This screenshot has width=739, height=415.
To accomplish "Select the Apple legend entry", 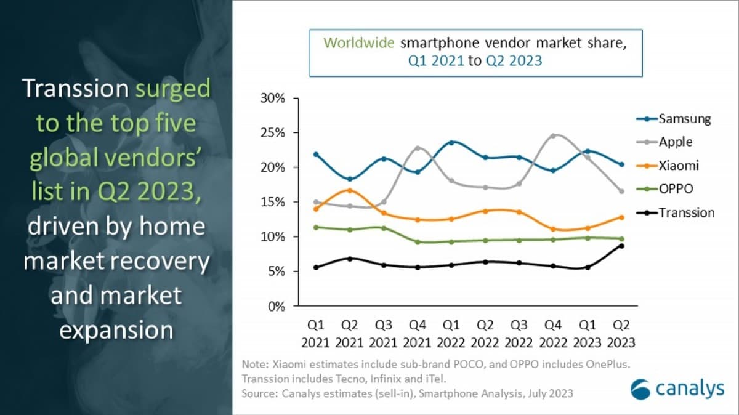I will tap(676, 142).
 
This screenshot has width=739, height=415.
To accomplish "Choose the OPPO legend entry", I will tap(676, 189).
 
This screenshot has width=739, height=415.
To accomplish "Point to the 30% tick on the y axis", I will tap(273, 99).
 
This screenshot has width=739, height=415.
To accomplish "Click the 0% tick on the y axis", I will tap(277, 307).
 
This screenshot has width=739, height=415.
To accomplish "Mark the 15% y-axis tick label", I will tap(273, 203).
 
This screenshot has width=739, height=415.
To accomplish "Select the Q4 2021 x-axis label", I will tap(418, 333).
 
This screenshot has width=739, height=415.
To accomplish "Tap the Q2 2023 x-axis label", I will tap(621, 333).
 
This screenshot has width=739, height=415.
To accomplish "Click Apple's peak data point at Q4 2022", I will tap(554, 135).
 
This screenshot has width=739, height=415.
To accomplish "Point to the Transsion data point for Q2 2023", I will tap(621, 246).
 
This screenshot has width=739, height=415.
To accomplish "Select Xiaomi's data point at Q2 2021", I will tap(350, 190).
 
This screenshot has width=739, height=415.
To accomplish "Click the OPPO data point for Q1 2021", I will tap(316, 227).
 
